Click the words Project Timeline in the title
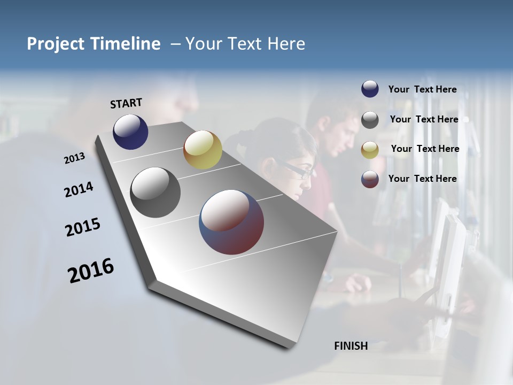[x=94, y=44]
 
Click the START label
[x=126, y=103]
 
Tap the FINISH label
[x=351, y=346]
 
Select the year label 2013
[x=74, y=158]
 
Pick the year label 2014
[x=79, y=190]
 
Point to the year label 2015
[x=83, y=227]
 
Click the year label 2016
[x=91, y=270]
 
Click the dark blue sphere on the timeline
[x=130, y=132]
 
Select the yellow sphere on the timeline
[x=203, y=150]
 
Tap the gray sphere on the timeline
[x=156, y=192]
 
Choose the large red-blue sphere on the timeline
[x=231, y=222]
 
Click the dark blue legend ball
[x=370, y=89]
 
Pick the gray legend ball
[x=370, y=120]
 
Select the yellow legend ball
[x=370, y=150]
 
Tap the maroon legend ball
[x=370, y=179]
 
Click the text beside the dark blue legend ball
[x=422, y=89]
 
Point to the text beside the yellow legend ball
[x=425, y=149]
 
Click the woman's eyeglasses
[x=299, y=171]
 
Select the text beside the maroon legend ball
[x=422, y=179]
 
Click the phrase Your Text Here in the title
[x=245, y=44]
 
